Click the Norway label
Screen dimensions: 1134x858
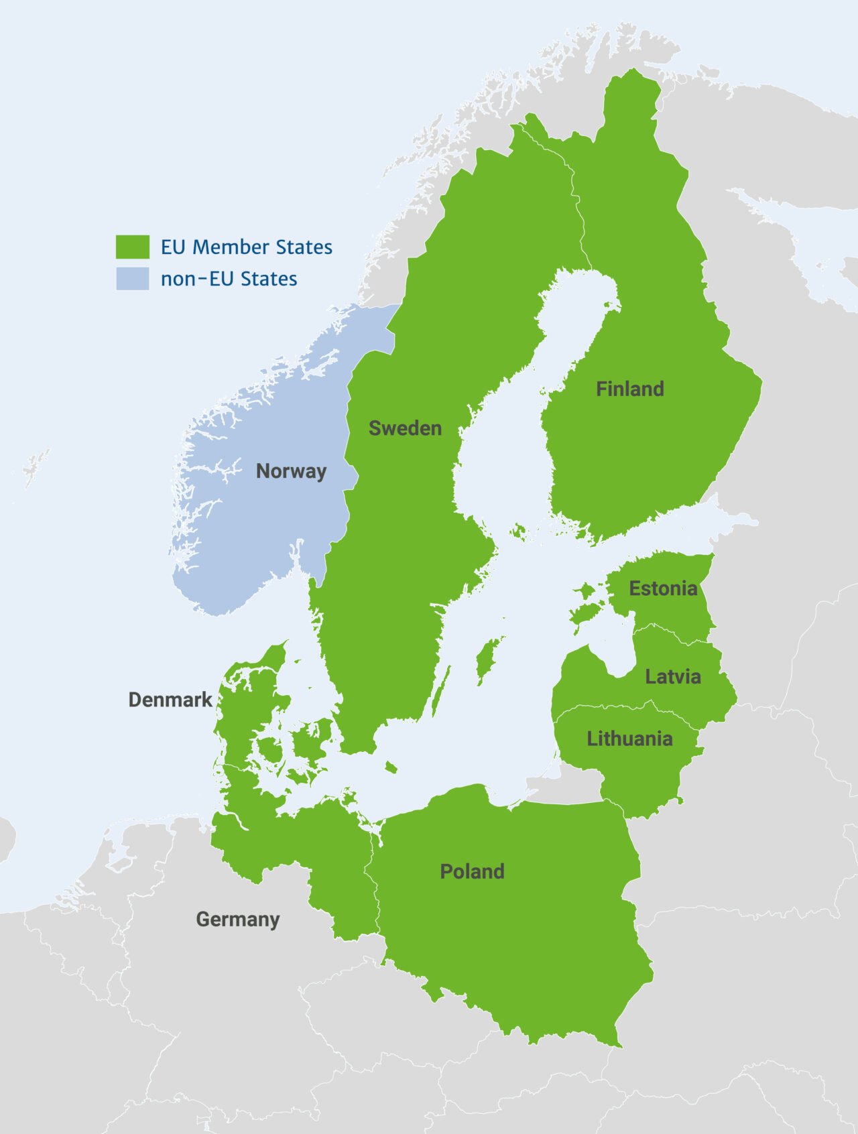[x=291, y=471]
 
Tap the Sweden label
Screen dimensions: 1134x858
[x=405, y=428]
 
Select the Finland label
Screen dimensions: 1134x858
[x=629, y=389]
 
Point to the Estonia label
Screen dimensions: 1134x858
[x=662, y=588]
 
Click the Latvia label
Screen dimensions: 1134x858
[x=672, y=676]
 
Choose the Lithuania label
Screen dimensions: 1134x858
[x=629, y=739]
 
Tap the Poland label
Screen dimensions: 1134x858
[x=472, y=871]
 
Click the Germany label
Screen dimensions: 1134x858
[x=237, y=919]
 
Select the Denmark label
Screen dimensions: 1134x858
[x=170, y=700]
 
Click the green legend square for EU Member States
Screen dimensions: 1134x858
[x=133, y=247]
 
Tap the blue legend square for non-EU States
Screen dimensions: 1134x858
[x=133, y=279]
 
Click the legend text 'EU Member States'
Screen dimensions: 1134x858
[x=246, y=247]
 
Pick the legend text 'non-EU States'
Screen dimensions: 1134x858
[x=229, y=279]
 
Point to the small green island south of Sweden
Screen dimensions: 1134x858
[x=391, y=767]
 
